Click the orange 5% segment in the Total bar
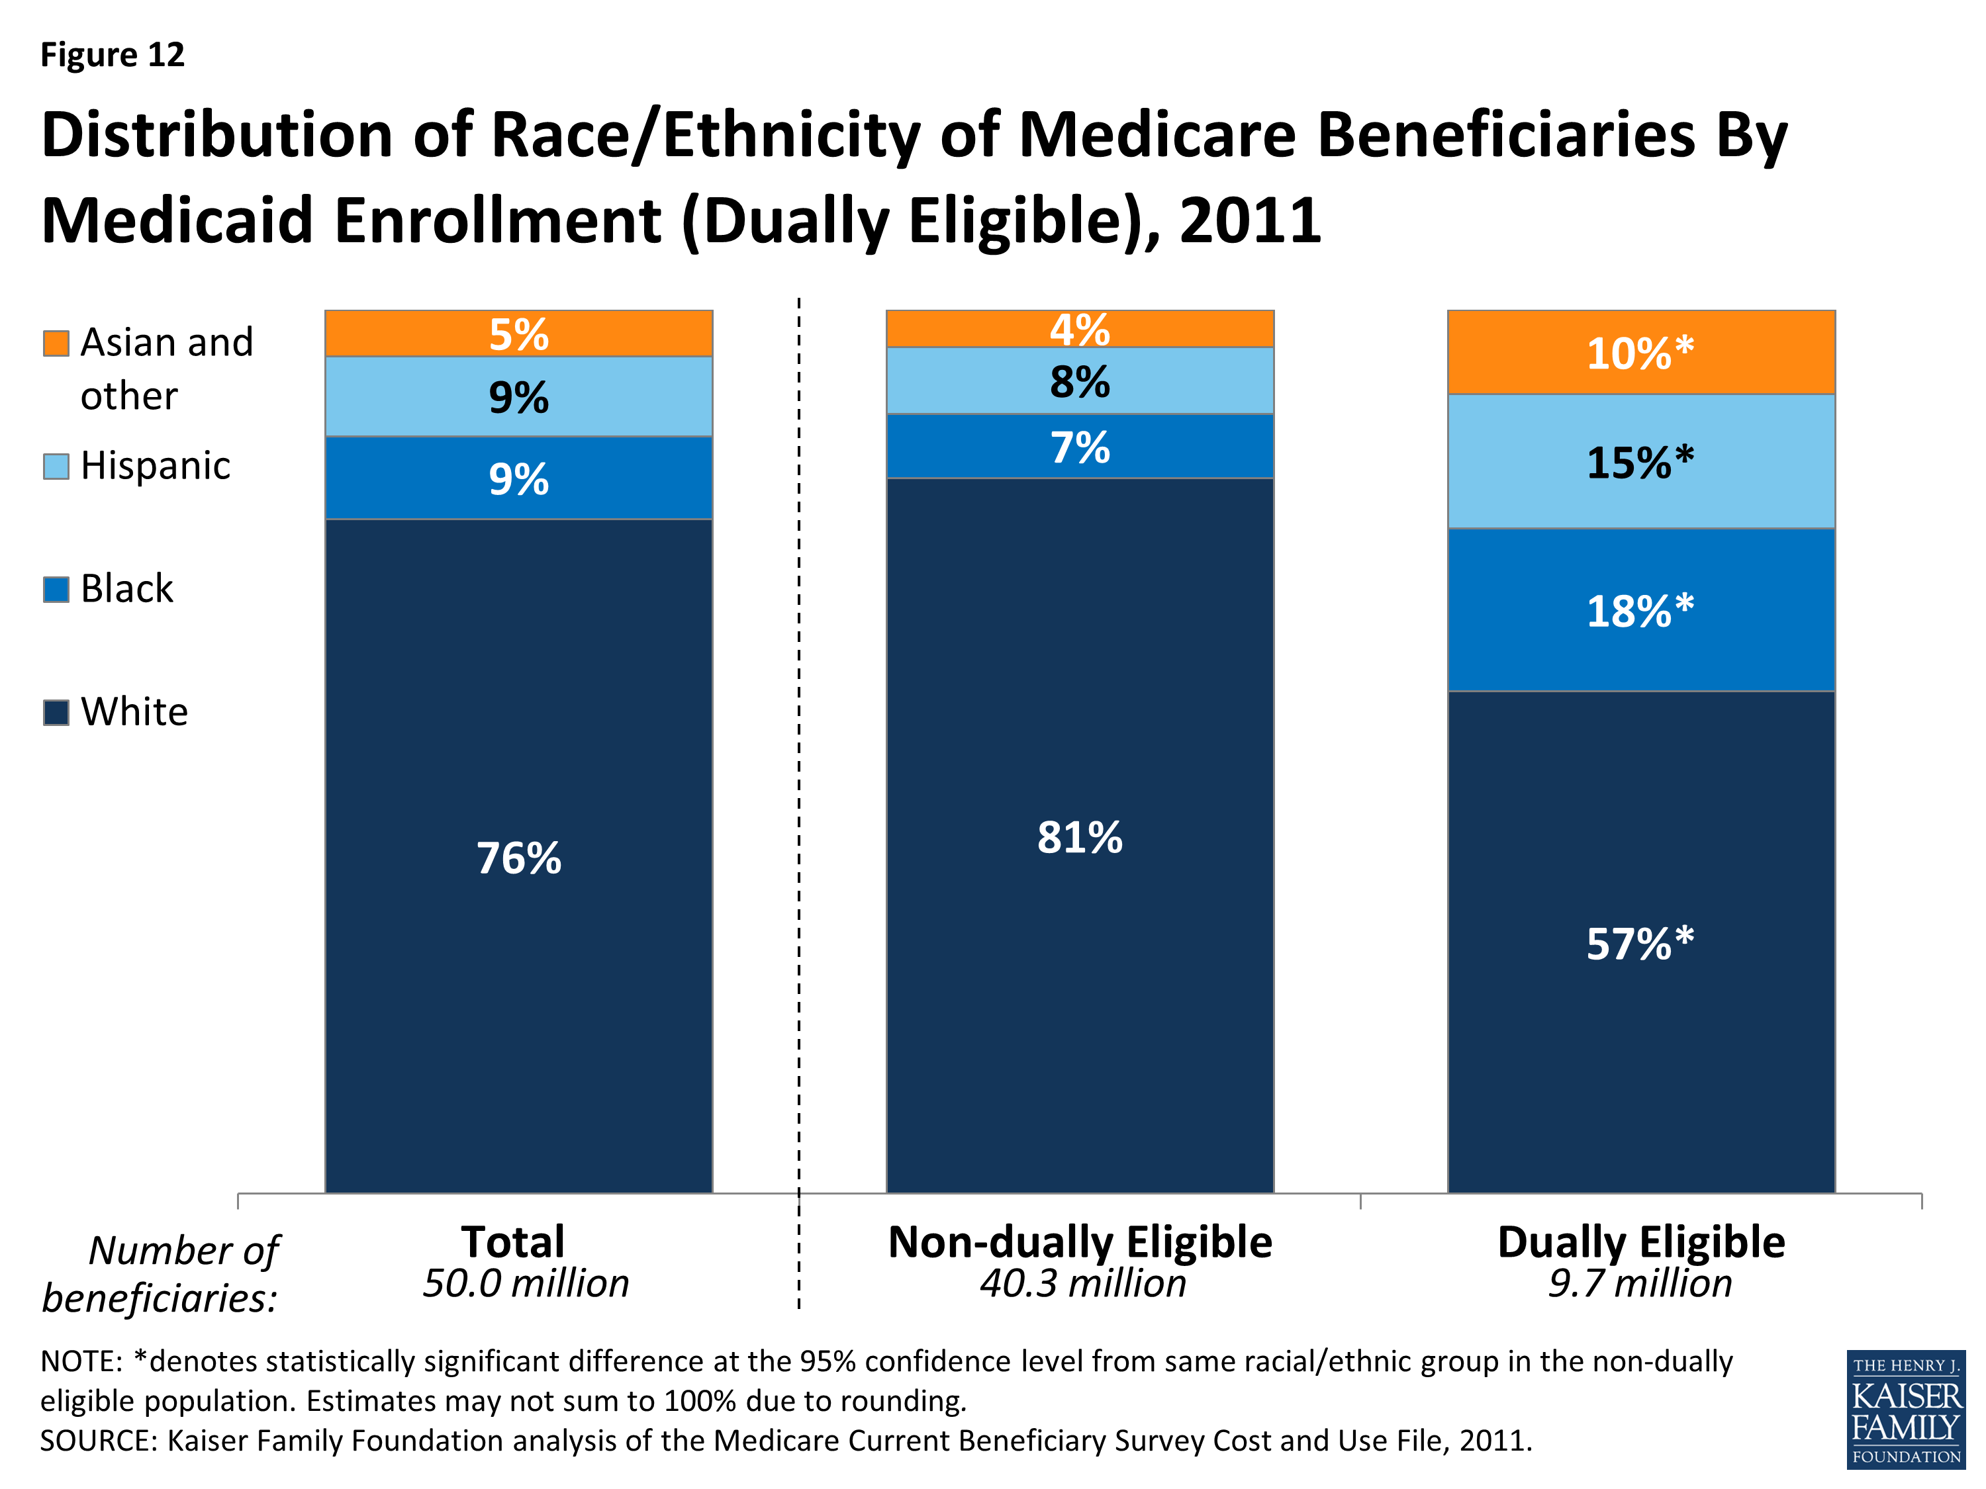pos(519,334)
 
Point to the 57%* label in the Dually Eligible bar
pos(1639,943)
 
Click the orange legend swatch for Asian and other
pos(56,343)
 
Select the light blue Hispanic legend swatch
pos(56,467)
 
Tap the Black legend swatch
pos(56,590)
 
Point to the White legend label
pos(134,711)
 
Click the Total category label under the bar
pos(512,1242)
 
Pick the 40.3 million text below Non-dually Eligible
pos(1083,1283)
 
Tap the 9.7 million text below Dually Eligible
pos(1639,1283)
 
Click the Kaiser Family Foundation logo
pos(1905,1409)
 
